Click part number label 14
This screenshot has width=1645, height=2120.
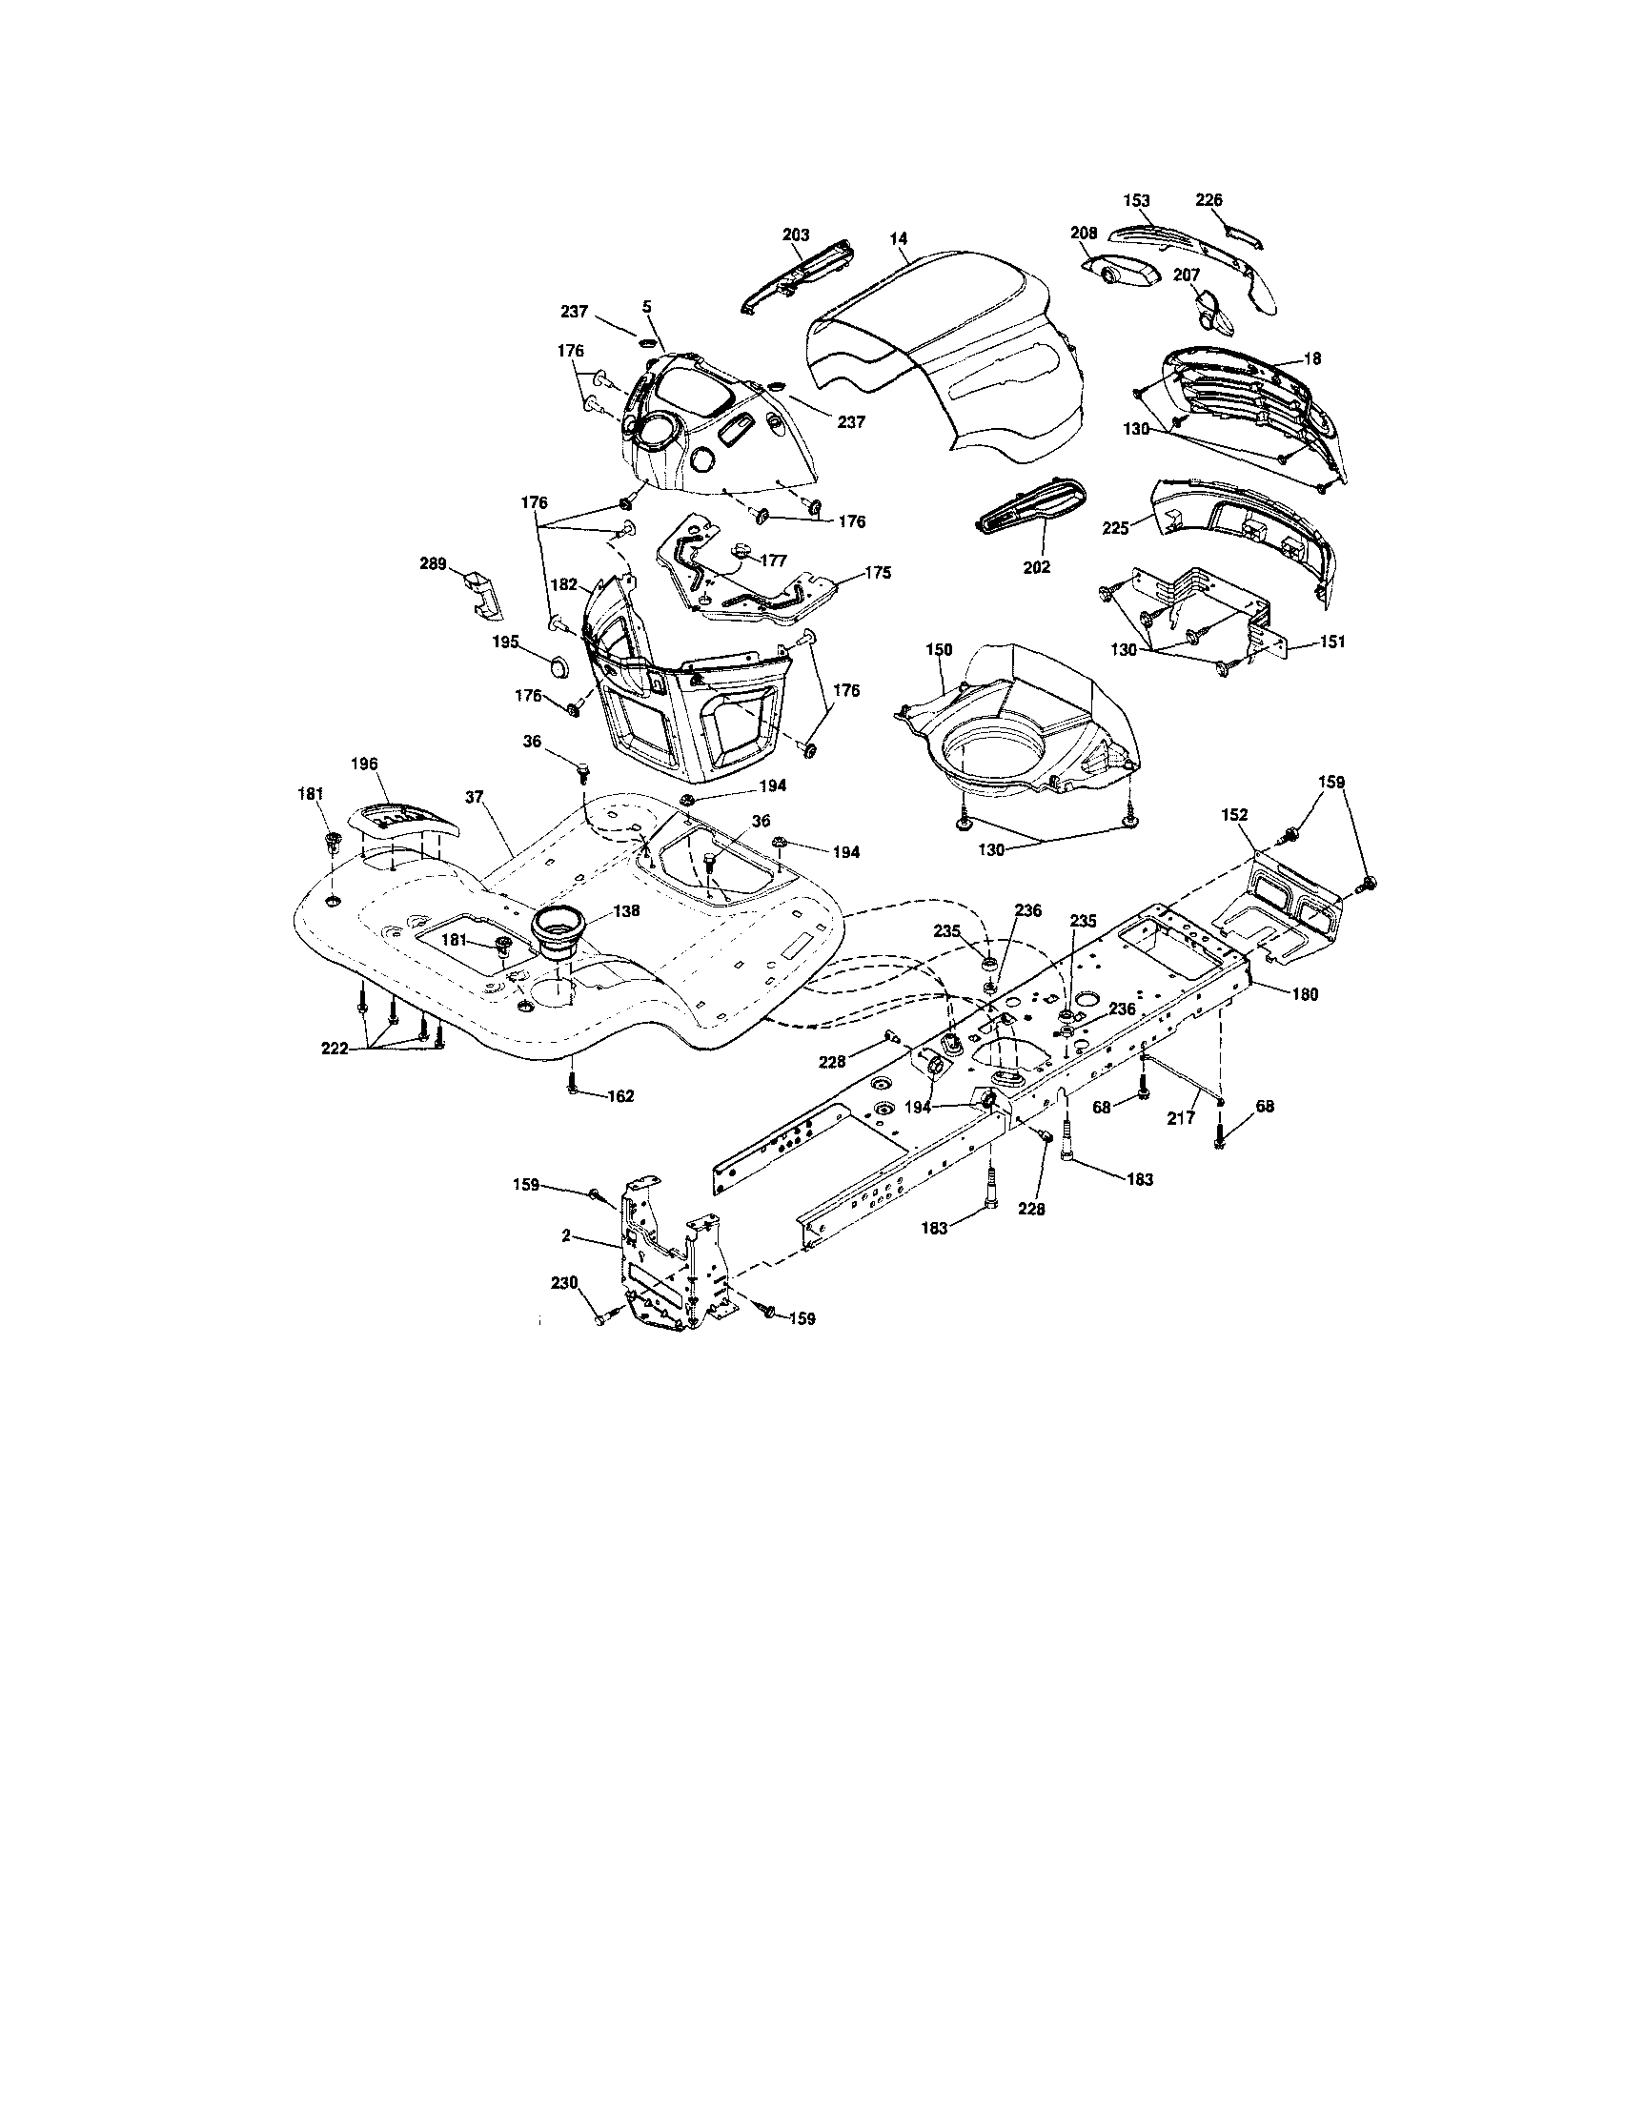point(900,236)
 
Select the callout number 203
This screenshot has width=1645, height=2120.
point(796,234)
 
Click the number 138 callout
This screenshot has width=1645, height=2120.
point(627,912)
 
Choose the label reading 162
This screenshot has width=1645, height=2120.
point(620,1096)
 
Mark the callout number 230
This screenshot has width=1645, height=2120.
point(565,1282)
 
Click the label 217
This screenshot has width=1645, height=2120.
point(1181,1118)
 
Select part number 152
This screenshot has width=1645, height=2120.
point(1236,814)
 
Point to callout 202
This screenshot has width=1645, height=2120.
point(1037,567)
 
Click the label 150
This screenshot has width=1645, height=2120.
point(939,649)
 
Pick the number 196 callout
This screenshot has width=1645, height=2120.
point(365,764)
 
